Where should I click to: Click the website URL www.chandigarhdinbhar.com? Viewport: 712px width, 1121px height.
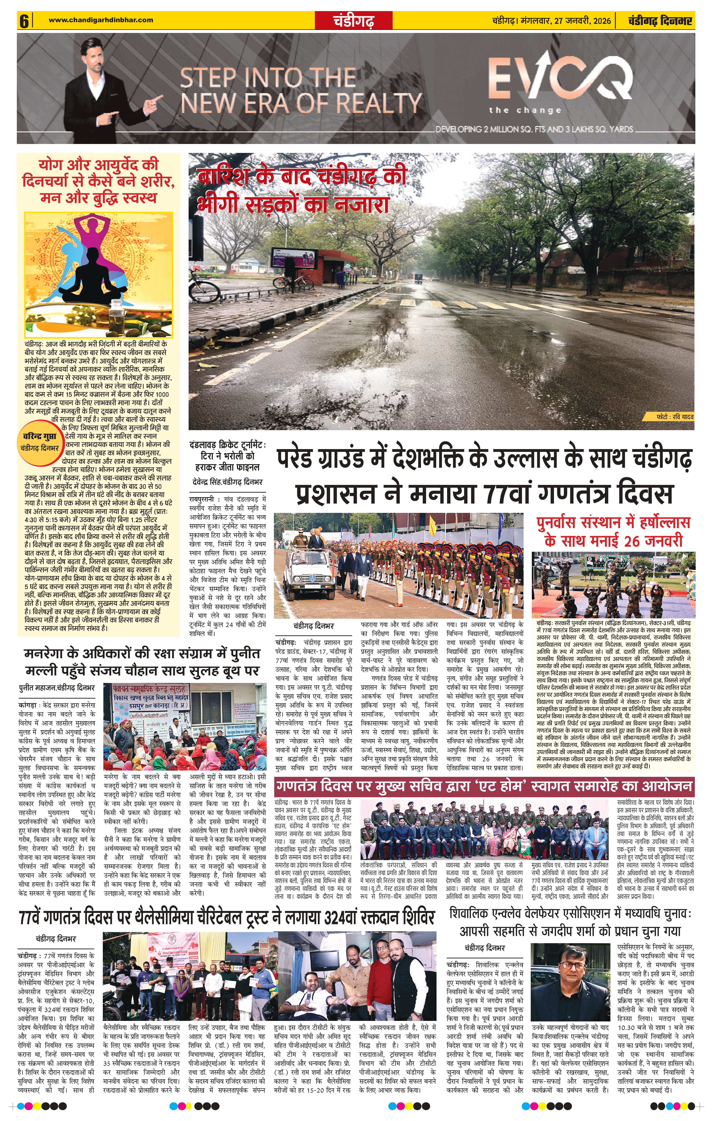point(101,20)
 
